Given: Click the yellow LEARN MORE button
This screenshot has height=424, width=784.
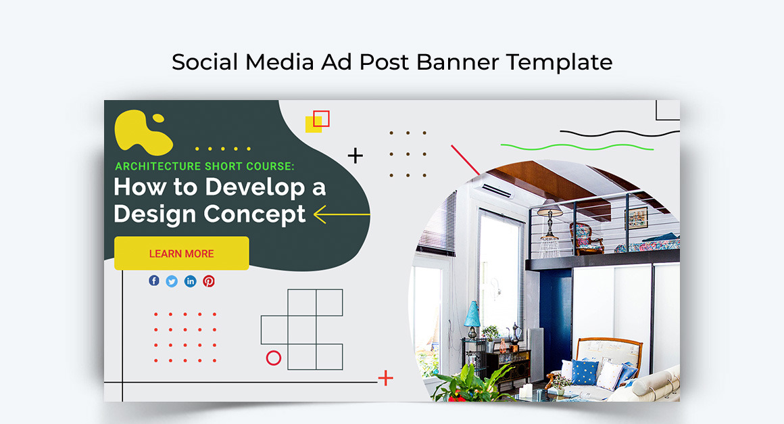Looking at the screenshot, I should coord(181,254).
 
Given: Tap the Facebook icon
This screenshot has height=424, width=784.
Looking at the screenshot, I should coord(154,281).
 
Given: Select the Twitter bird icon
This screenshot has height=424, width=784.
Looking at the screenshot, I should coord(172,281).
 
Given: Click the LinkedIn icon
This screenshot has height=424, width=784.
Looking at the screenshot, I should coord(190,281).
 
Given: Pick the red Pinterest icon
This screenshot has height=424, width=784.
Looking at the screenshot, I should coord(209,281).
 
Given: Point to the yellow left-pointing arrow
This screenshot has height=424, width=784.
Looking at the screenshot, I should coord(341,214).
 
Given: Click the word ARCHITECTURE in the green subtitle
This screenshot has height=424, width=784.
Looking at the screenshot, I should coord(157,166).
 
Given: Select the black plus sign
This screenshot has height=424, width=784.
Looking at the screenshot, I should coord(355,156).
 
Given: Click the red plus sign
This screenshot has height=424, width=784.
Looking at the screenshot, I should coord(385,378).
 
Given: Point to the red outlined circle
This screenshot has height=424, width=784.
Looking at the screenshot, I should coord(274,358).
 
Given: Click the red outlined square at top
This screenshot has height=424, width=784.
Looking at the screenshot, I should coord(322,118).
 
